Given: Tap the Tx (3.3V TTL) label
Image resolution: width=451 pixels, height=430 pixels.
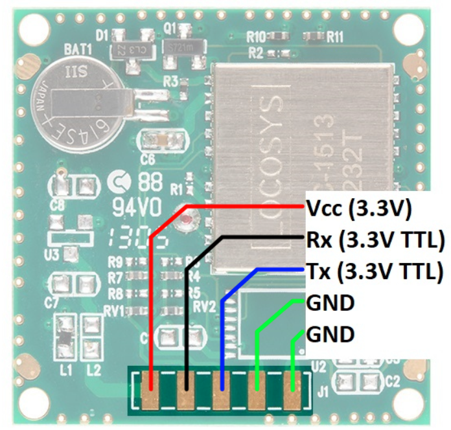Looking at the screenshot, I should click(x=373, y=271).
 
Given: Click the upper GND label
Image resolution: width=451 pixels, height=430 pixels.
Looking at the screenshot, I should click(x=330, y=302).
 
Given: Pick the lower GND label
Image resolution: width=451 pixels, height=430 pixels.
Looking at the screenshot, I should click(x=330, y=334).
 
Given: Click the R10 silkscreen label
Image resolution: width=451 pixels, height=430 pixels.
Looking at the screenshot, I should click(x=257, y=36).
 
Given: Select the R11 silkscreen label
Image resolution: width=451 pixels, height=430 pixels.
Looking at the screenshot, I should click(x=334, y=37).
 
